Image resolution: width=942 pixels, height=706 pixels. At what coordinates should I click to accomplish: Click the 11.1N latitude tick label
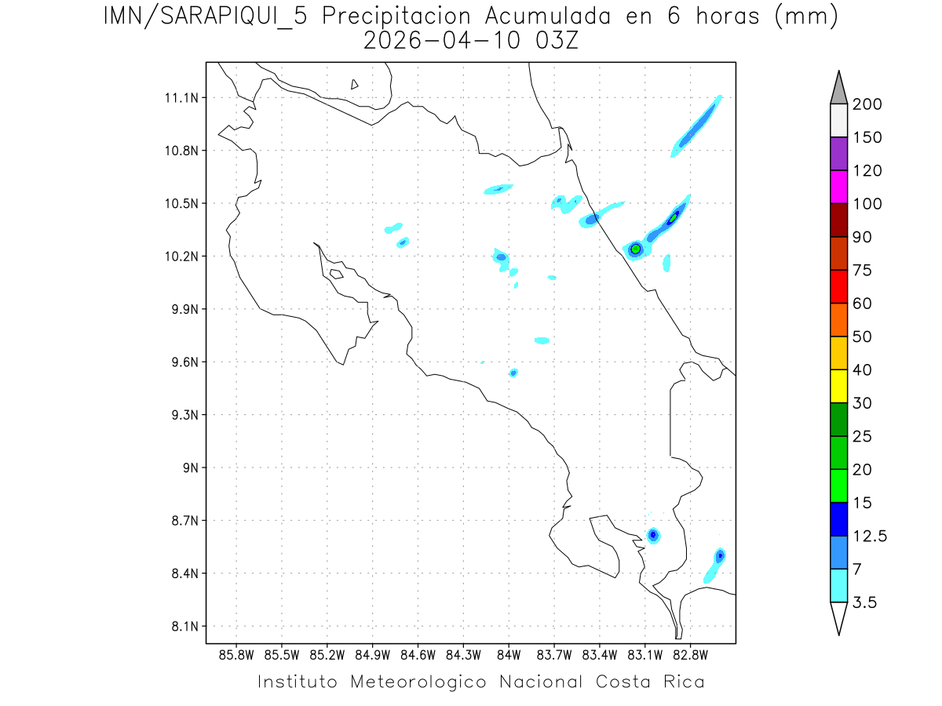[x=180, y=98]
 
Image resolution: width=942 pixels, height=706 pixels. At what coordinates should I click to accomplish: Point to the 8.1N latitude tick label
[x=180, y=626]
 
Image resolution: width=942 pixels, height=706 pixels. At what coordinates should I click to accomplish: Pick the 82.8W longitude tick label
[x=691, y=654]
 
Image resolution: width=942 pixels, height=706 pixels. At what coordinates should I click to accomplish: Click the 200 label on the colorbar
[x=867, y=104]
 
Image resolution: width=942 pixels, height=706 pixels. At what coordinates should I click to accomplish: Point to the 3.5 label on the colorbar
[x=866, y=602]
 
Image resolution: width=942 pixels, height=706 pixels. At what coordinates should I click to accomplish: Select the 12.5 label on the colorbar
[x=869, y=536]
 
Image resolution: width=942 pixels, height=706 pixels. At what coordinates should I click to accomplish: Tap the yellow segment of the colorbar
[x=838, y=386]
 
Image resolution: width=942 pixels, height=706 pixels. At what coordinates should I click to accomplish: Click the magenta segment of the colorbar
[x=838, y=187]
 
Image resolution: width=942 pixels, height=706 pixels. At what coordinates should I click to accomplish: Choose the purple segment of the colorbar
[x=838, y=154]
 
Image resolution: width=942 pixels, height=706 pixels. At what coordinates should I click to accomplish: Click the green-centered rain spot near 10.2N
[x=636, y=249]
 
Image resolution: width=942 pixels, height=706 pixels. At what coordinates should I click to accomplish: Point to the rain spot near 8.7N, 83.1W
[x=652, y=535]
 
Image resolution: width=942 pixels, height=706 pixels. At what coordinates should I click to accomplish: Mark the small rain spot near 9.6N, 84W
[x=513, y=373]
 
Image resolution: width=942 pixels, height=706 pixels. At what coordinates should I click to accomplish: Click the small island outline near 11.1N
[x=355, y=84]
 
